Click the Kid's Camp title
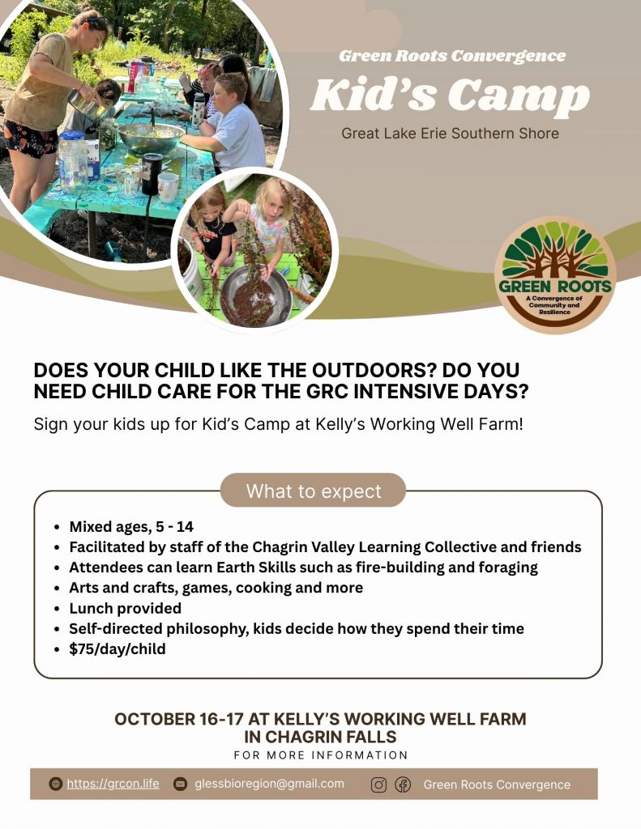[x=450, y=96]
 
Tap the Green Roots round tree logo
[x=555, y=274]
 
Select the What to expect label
[x=314, y=491]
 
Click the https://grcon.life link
[x=113, y=784]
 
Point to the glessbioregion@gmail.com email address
[x=269, y=784]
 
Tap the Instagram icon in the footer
[x=378, y=785]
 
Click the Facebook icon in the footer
[x=403, y=785]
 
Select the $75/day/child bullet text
[x=117, y=648]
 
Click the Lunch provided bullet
[x=125, y=608]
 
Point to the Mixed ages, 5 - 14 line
[x=131, y=526]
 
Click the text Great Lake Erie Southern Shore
[x=450, y=134]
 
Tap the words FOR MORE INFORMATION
[x=321, y=755]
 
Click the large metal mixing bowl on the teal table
[x=151, y=136]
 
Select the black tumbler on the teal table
[x=152, y=173]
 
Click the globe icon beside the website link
[x=56, y=784]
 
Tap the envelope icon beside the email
[x=181, y=784]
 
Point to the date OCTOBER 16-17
[x=179, y=719]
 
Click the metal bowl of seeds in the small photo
[x=255, y=296]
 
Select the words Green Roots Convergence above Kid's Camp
[x=452, y=56]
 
